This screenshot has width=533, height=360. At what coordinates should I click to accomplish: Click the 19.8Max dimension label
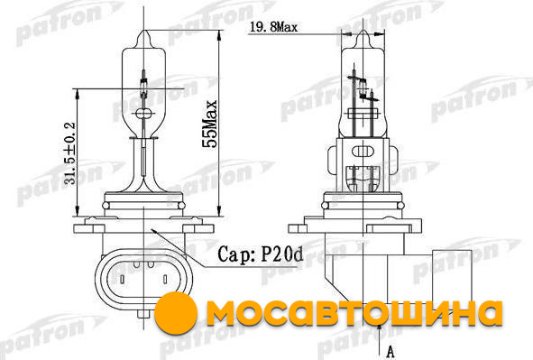pyautogui.click(x=273, y=27)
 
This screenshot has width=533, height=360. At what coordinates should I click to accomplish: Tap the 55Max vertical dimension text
pyautogui.click(x=209, y=124)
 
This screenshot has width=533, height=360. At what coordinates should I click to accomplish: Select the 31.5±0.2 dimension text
pyautogui.click(x=70, y=153)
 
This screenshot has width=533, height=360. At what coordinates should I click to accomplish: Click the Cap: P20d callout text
pyautogui.click(x=260, y=254)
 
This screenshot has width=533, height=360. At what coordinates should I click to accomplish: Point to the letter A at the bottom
pyautogui.click(x=391, y=352)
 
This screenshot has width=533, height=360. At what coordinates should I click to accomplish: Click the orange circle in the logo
pyautogui.click(x=176, y=312)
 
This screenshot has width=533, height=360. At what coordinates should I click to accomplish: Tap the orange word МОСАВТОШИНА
pyautogui.click(x=354, y=313)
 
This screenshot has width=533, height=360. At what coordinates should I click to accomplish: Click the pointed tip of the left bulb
pyautogui.click(x=143, y=31)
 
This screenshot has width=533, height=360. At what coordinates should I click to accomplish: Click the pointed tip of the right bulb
pyautogui.click(x=363, y=31)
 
